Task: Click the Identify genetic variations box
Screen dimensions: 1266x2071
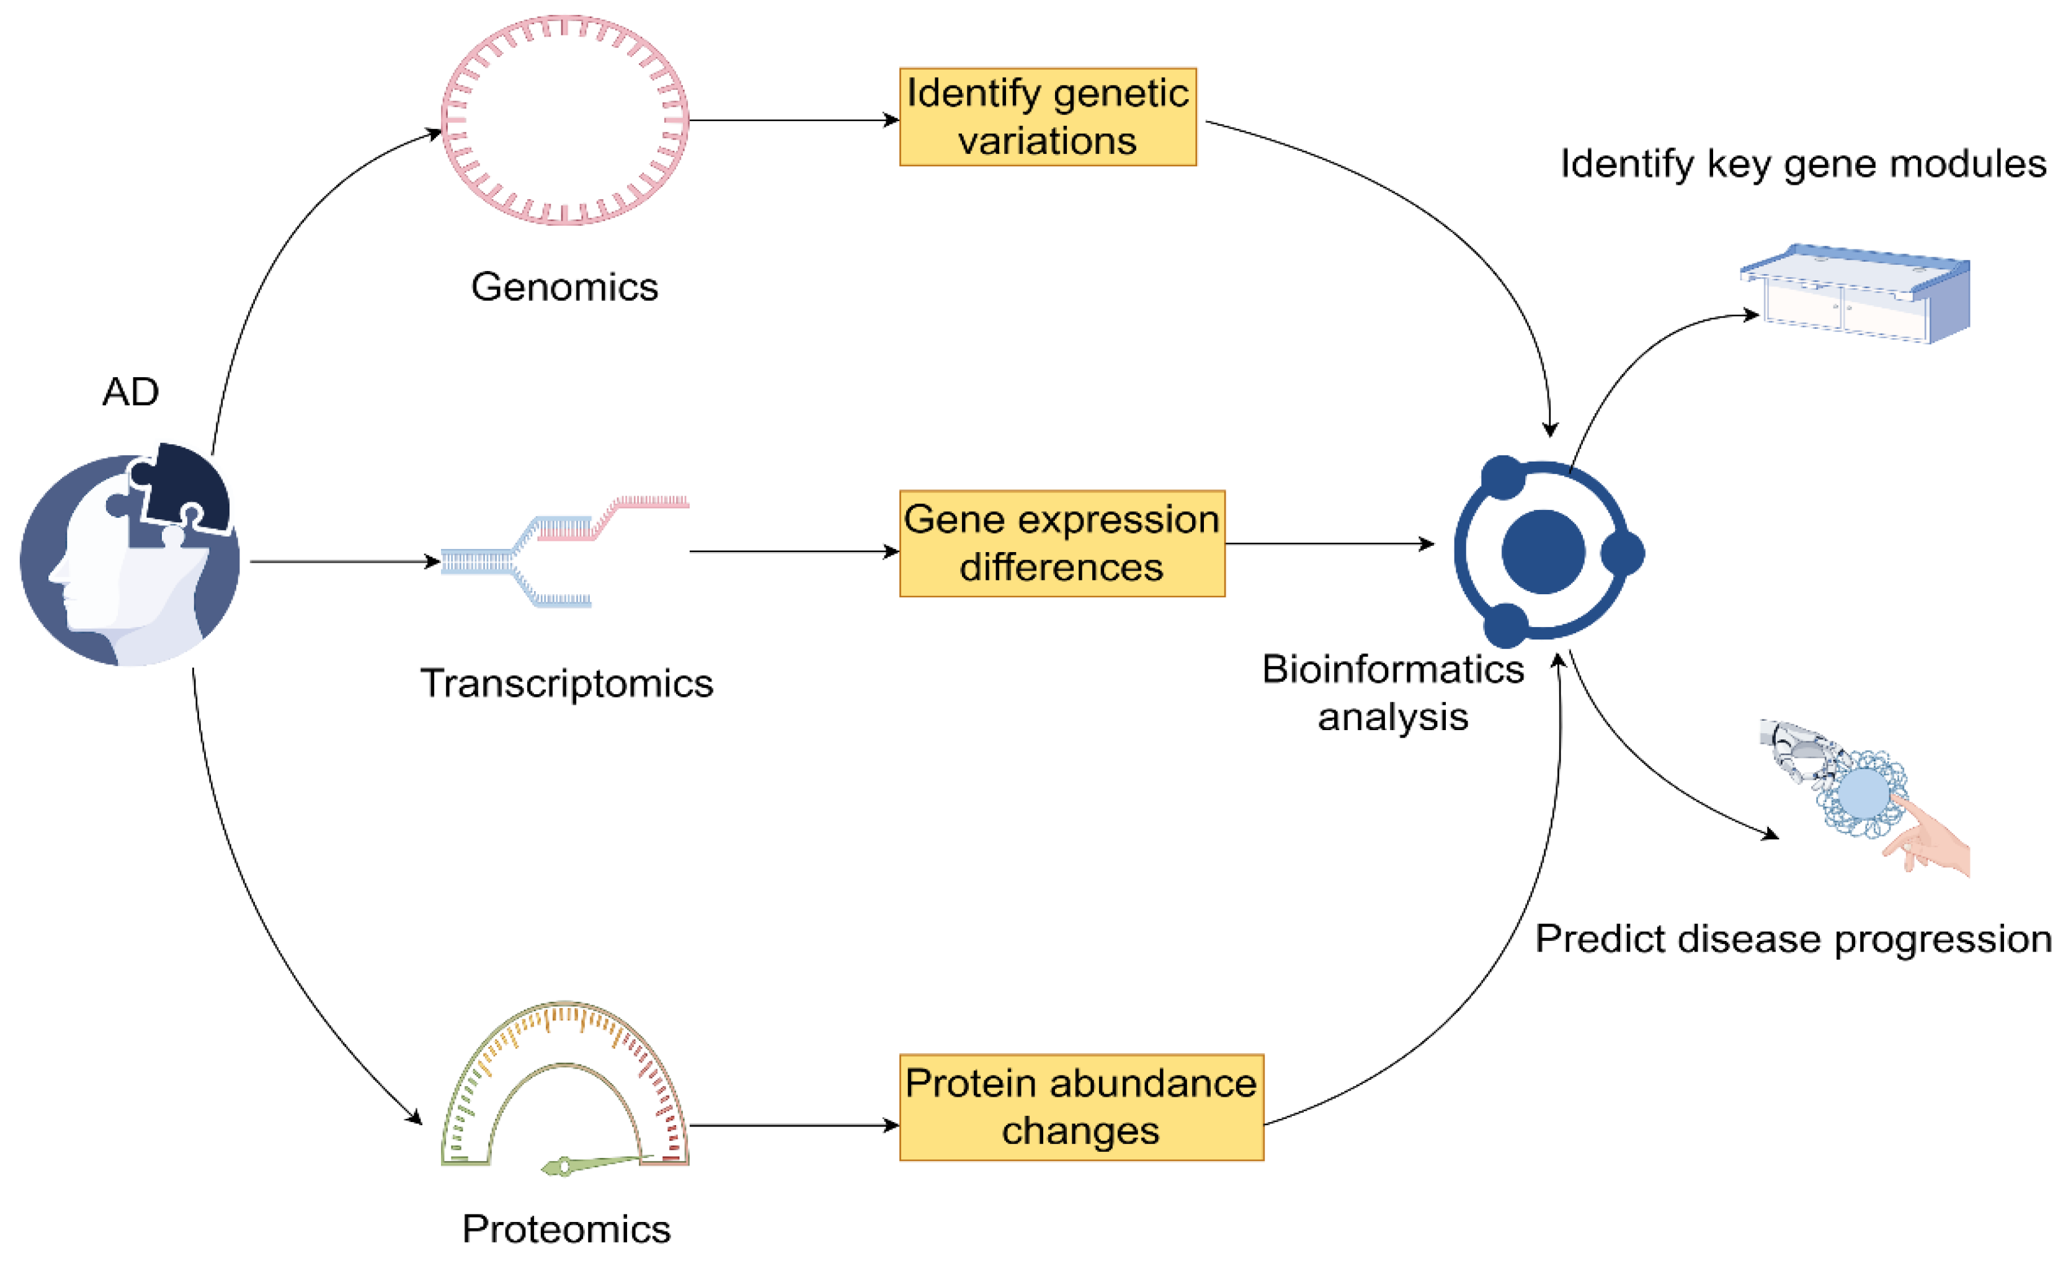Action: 1047,117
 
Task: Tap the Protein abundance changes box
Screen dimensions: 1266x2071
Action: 1081,1107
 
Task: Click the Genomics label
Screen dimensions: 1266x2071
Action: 564,287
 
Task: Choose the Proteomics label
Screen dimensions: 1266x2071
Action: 566,1229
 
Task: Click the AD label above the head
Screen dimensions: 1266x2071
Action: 130,392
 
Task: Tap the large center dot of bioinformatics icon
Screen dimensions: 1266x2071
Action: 1543,552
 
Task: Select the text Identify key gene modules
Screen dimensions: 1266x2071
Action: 1803,164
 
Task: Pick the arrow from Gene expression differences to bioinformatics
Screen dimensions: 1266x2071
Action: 1328,544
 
